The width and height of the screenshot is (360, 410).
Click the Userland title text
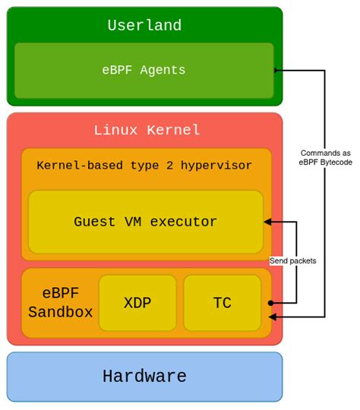144,26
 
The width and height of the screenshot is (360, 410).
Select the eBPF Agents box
144,70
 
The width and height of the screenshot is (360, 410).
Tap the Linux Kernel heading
147,130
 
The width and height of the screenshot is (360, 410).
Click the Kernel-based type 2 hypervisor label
144,166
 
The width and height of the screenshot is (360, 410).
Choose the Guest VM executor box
145,222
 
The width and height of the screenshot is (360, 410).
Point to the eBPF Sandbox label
61,302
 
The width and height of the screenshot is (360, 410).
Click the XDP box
137,303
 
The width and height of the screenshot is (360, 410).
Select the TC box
222,303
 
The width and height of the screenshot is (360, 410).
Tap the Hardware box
144,376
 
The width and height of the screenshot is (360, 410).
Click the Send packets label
293,260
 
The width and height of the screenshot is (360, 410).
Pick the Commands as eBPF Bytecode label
326,157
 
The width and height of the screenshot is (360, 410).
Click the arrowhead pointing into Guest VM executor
267,222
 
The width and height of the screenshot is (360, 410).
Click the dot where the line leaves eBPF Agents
276,71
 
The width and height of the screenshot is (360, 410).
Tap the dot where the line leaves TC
271,303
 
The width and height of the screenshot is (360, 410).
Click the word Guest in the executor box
94,222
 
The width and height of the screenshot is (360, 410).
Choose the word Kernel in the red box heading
175,130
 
